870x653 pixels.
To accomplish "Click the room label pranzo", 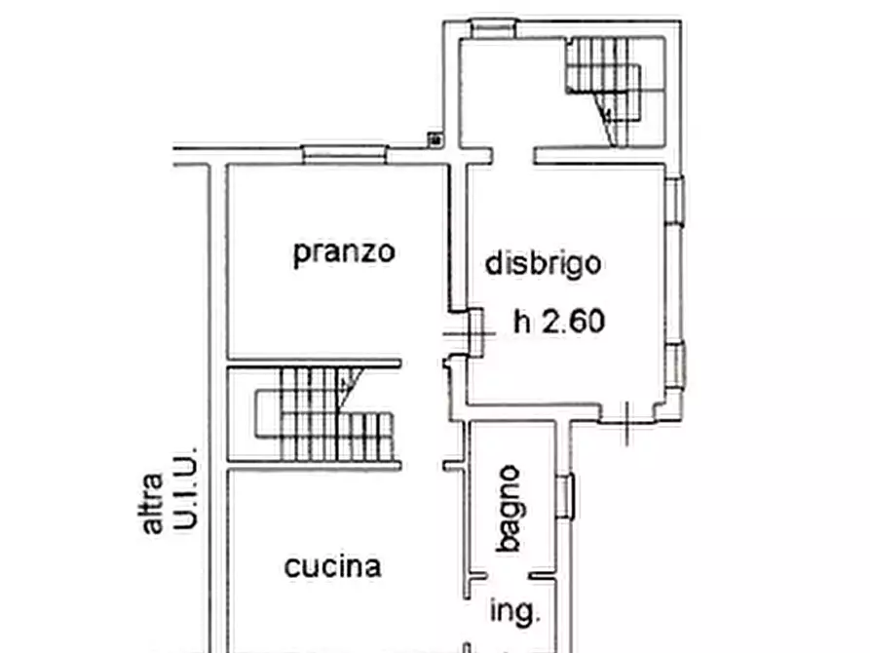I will click(345, 252).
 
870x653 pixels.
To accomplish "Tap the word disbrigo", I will click(543, 263).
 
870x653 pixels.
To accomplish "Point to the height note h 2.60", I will click(559, 321).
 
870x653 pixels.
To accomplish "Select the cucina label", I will click(332, 566).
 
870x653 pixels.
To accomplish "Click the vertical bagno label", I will click(509, 509).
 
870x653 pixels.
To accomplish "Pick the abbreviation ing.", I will click(514, 612).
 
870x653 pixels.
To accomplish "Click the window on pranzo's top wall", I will click(345, 153).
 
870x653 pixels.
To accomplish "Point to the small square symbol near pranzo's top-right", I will click(435, 140).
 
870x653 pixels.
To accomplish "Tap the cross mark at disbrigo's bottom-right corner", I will click(626, 421).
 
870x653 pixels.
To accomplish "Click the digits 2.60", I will click(574, 321).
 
